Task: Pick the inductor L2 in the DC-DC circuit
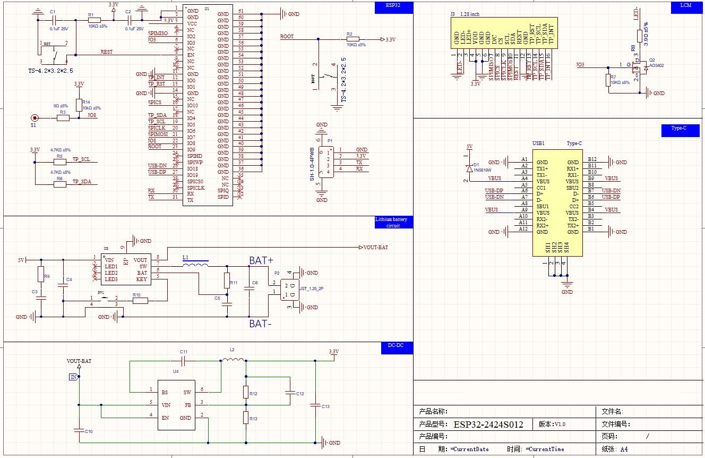click(232, 361)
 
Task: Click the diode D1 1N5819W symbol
click(469, 168)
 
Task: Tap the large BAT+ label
click(261, 260)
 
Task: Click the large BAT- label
click(261, 323)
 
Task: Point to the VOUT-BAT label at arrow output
click(376, 248)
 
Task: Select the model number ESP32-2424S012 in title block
click(488, 425)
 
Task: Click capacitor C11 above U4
click(183, 361)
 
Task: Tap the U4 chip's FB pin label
click(188, 405)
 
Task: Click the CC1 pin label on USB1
click(541, 188)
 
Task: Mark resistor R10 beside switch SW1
click(140, 301)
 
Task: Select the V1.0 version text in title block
click(560, 425)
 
